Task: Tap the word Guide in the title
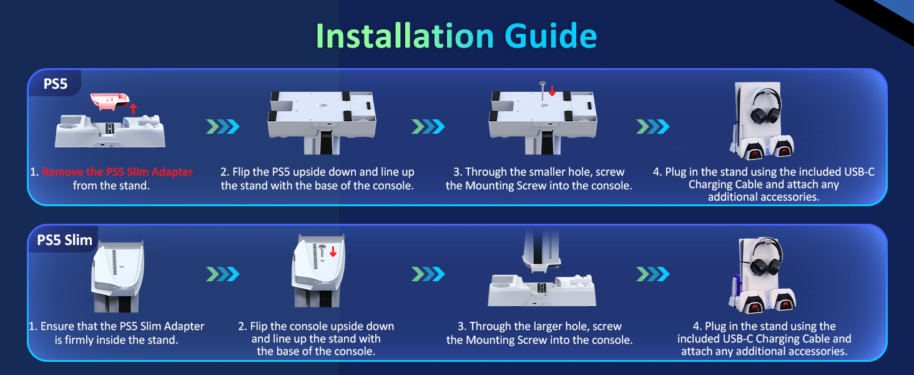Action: (x=551, y=36)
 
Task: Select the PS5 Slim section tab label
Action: (x=64, y=240)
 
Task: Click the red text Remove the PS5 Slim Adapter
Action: (x=117, y=172)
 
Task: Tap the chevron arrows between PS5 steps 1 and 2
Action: (x=223, y=127)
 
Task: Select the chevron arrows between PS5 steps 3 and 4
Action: (x=652, y=127)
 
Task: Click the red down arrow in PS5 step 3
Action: (x=552, y=91)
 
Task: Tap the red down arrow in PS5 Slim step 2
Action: (x=333, y=251)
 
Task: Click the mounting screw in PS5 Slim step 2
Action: (x=322, y=253)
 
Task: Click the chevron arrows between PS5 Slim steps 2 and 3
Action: (x=428, y=274)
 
